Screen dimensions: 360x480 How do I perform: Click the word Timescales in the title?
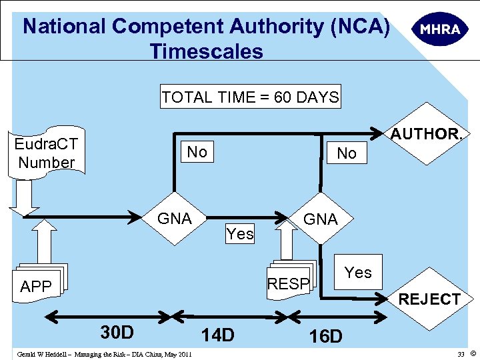(206, 51)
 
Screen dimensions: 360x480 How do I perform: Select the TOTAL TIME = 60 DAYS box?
(250, 97)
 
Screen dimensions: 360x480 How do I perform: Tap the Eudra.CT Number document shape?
(47, 152)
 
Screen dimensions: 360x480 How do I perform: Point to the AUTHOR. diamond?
(426, 135)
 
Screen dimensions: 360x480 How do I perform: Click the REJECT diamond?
(429, 299)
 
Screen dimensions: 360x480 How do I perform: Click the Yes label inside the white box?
(358, 272)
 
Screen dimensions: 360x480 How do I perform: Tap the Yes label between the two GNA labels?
(240, 233)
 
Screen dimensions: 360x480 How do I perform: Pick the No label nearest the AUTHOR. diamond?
(347, 153)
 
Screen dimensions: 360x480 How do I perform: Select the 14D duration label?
(217, 335)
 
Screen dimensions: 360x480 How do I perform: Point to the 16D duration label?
(325, 336)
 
